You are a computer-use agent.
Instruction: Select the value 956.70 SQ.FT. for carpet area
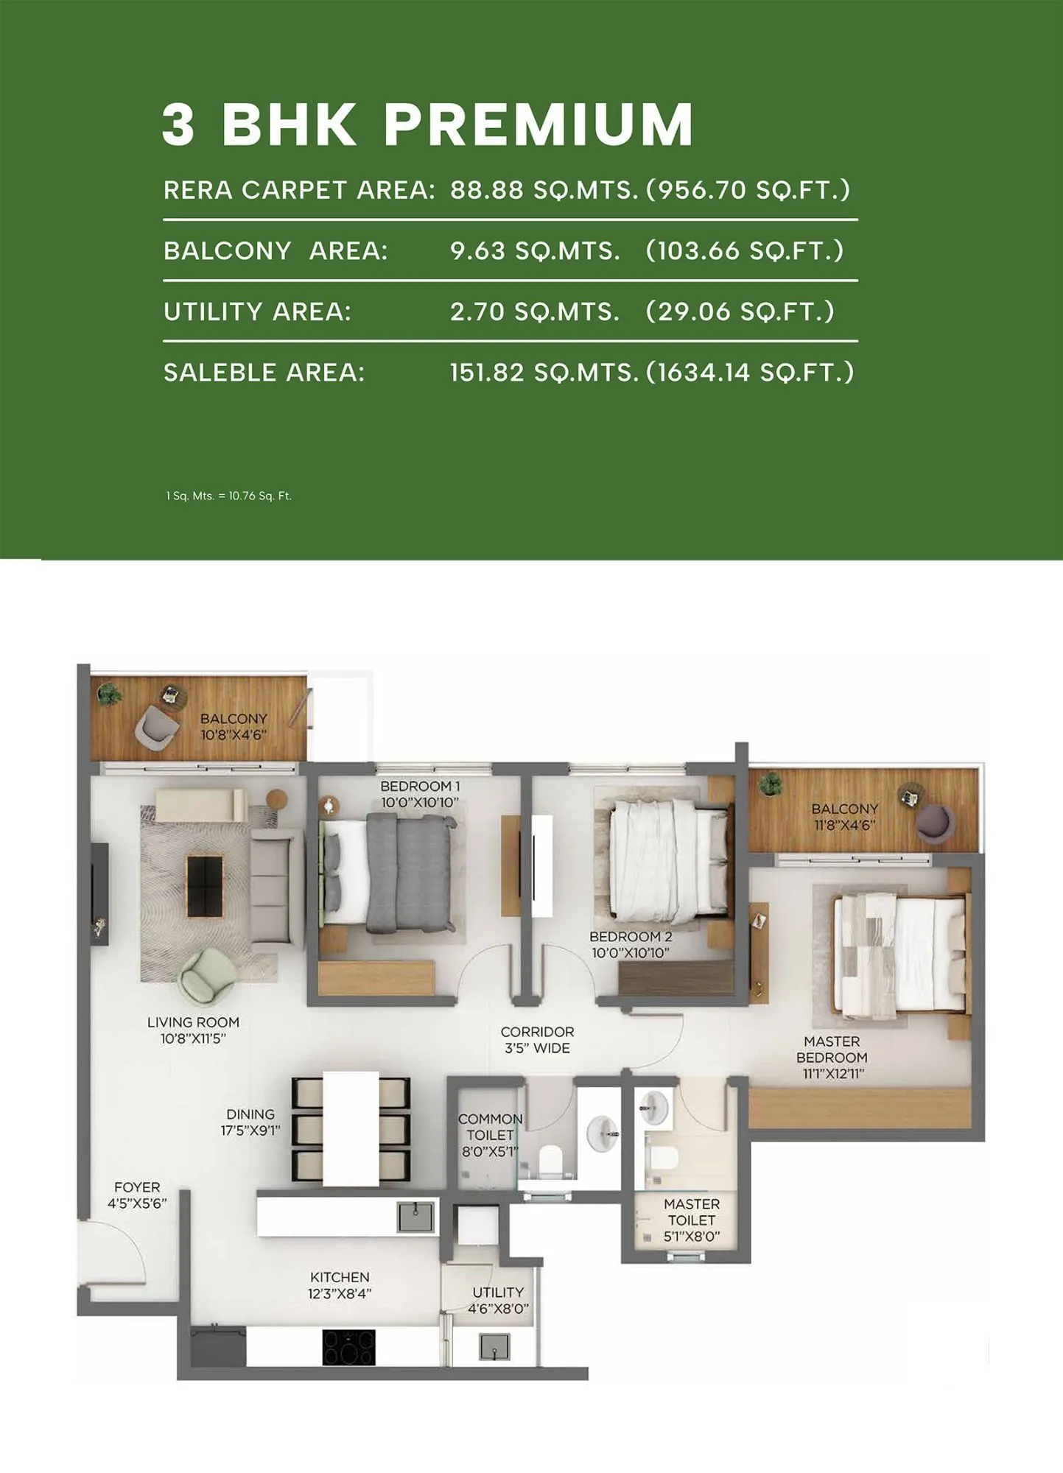[748, 190]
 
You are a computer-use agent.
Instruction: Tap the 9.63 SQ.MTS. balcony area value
[535, 251]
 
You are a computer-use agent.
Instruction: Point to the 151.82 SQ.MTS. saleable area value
[544, 373]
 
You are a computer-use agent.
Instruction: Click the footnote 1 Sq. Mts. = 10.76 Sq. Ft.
[229, 496]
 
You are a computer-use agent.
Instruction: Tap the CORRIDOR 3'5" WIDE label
[537, 1040]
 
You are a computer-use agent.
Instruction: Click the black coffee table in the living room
[205, 886]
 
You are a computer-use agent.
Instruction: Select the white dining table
[351, 1128]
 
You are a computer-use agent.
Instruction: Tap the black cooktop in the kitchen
[348, 1347]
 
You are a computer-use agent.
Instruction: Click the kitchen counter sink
[415, 1217]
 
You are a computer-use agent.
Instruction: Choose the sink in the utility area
[494, 1347]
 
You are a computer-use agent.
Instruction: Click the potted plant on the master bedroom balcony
[771, 784]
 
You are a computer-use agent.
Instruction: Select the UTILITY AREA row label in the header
[257, 312]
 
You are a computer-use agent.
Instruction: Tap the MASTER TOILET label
[692, 1220]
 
